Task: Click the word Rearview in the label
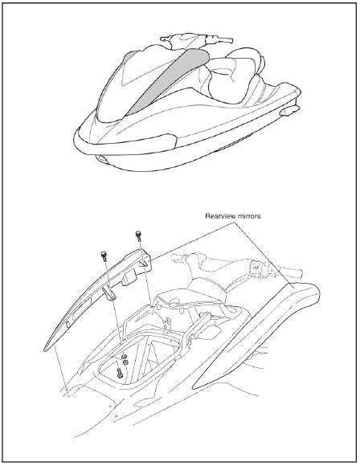pyautogui.click(x=219, y=216)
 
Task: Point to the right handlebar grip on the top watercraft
pyautogui.click(x=224, y=39)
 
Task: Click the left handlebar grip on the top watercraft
pyautogui.click(x=166, y=39)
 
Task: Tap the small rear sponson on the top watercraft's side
pyautogui.click(x=289, y=111)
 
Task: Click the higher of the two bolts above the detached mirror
pyautogui.click(x=138, y=235)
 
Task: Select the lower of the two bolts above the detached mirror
pyautogui.click(x=104, y=256)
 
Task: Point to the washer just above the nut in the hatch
pyautogui.click(x=125, y=356)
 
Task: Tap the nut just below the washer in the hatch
pyautogui.click(x=125, y=362)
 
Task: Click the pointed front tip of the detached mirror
pyautogui.click(x=46, y=349)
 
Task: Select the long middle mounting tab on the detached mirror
pyautogui.click(x=109, y=294)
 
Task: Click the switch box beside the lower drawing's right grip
pyautogui.click(x=257, y=268)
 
